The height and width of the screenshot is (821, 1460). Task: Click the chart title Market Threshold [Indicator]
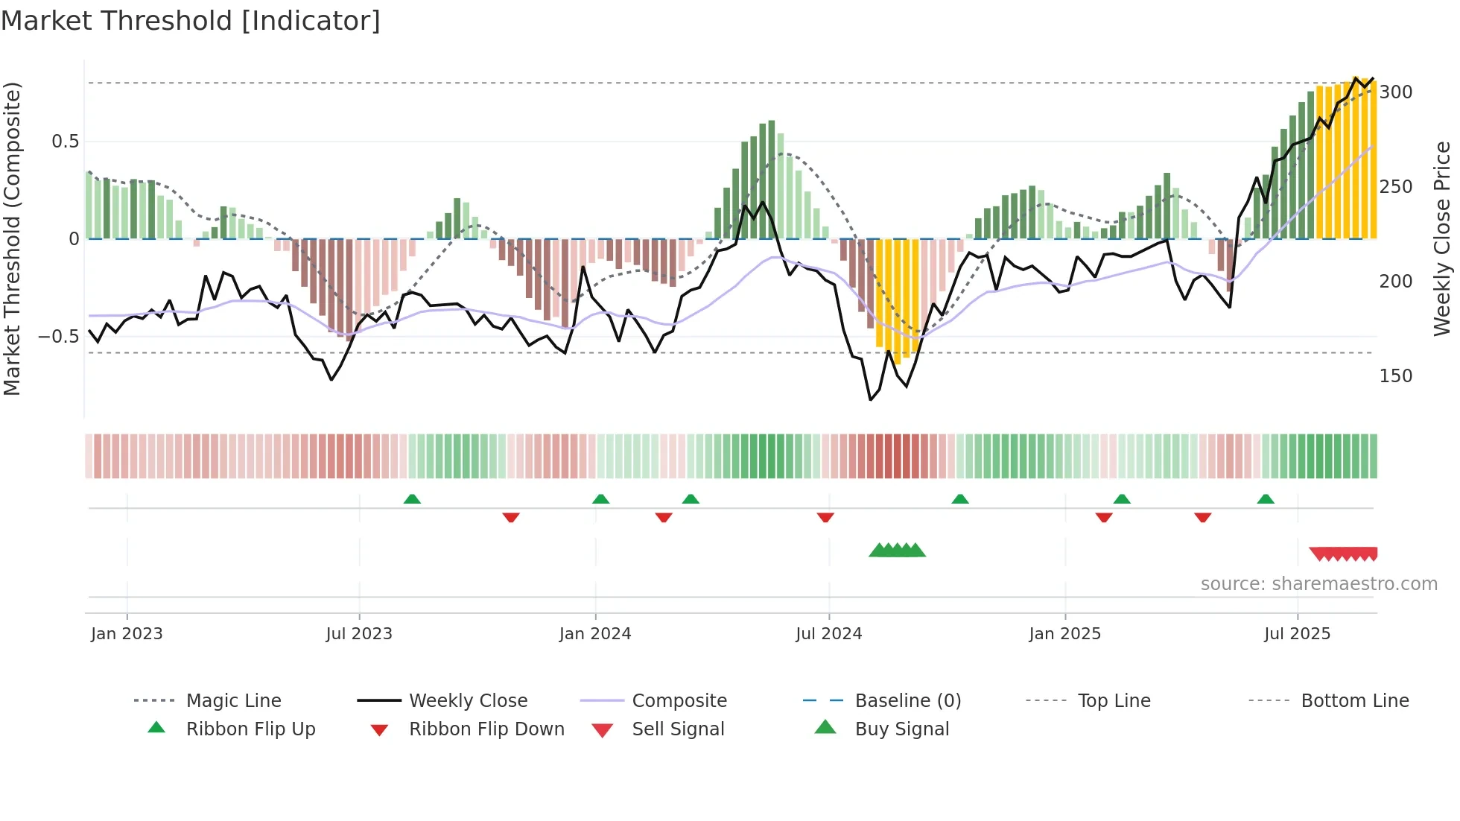pyautogui.click(x=191, y=21)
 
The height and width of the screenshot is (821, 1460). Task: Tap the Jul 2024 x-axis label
pyautogui.click(x=828, y=634)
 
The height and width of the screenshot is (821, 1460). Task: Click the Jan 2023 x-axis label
pyautogui.click(x=127, y=634)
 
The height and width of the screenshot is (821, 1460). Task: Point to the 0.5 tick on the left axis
pyautogui.click(x=65, y=142)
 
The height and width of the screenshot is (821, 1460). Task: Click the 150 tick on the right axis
pyautogui.click(x=1395, y=376)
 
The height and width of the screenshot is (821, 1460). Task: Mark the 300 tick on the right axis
pyautogui.click(x=1395, y=92)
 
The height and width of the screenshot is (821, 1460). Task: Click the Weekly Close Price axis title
pyautogui.click(x=1442, y=238)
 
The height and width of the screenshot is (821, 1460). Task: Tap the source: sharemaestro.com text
pyautogui.click(x=1318, y=584)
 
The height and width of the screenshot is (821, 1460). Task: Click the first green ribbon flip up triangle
pyautogui.click(x=412, y=499)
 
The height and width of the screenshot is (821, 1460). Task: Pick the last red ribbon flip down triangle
pyautogui.click(x=1202, y=517)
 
